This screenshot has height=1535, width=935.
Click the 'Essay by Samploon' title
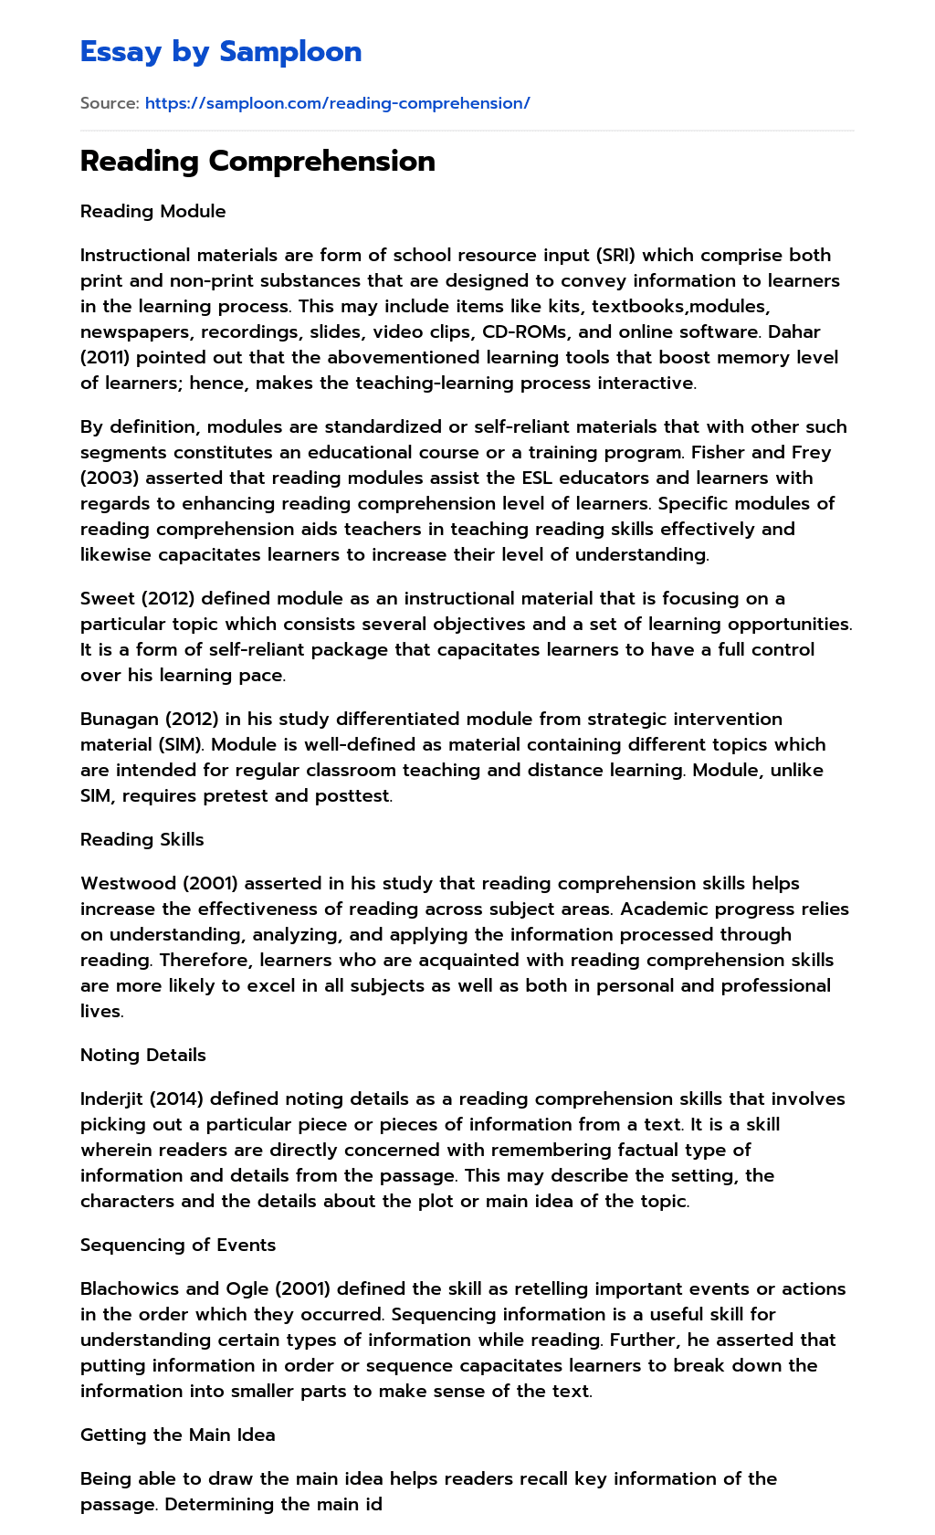click(221, 52)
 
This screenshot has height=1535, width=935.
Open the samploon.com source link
click(337, 103)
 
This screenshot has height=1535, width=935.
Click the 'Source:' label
click(110, 103)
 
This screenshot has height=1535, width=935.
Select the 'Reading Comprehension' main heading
click(257, 161)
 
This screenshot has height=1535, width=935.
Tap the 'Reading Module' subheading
click(152, 211)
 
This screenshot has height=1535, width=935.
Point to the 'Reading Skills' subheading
click(142, 839)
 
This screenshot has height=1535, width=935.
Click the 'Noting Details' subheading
click(143, 1055)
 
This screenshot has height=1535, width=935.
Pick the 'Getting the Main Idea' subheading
click(177, 1435)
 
